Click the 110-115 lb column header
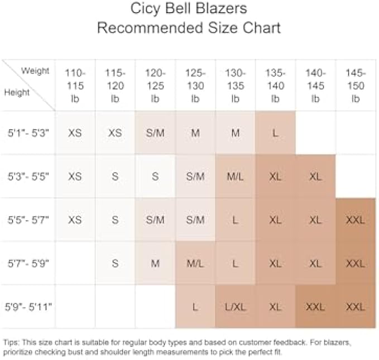[x=75, y=85]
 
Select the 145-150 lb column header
[x=355, y=85]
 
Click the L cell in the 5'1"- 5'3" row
[x=275, y=133]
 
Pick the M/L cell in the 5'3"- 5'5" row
[x=235, y=176]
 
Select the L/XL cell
[x=235, y=306]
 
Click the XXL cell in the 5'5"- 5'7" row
[x=355, y=220]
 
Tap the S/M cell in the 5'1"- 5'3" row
[x=155, y=133]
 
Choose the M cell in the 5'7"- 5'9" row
[x=155, y=263]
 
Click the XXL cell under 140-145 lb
[x=315, y=306]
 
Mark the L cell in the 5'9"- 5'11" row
[x=195, y=306]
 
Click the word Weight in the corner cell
[x=35, y=71]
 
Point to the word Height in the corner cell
[x=17, y=93]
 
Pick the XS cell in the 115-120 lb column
[x=115, y=133]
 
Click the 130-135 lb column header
[x=235, y=85]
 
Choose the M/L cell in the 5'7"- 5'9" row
[x=195, y=263]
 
